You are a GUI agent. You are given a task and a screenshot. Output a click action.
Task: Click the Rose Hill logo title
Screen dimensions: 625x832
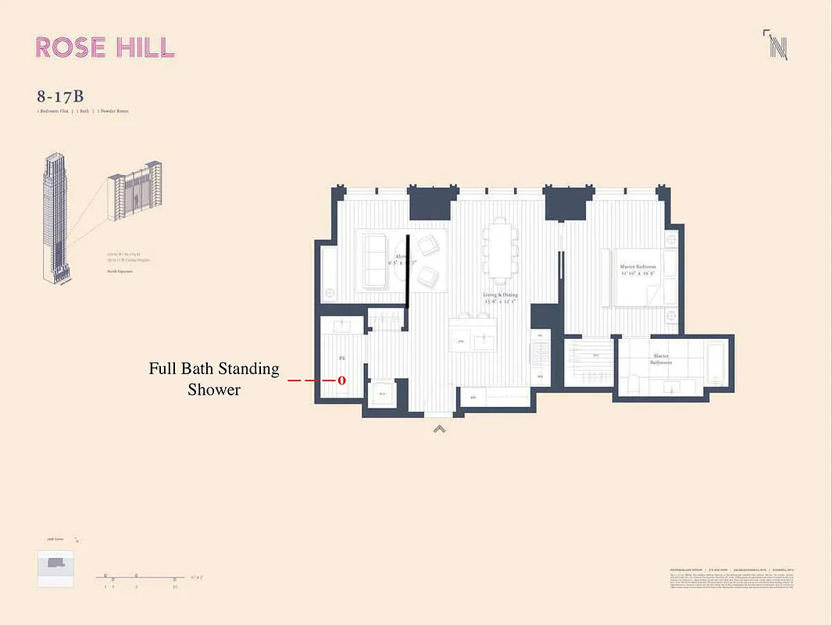click(105, 48)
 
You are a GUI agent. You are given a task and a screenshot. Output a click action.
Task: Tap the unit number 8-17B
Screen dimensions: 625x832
click(59, 97)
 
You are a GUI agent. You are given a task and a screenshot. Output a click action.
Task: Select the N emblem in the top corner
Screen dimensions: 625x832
click(777, 46)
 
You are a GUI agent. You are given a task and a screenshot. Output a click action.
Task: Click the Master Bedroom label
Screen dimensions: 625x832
click(637, 267)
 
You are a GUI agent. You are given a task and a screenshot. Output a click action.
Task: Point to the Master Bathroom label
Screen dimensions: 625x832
click(660, 359)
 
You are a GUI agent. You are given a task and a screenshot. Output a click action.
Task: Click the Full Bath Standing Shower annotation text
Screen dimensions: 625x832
click(213, 378)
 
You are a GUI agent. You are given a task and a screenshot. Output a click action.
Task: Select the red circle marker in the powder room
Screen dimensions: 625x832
click(341, 380)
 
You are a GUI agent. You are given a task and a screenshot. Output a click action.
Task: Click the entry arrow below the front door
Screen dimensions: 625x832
click(440, 427)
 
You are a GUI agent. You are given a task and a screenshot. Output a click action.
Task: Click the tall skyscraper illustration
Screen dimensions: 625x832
click(52, 219)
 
